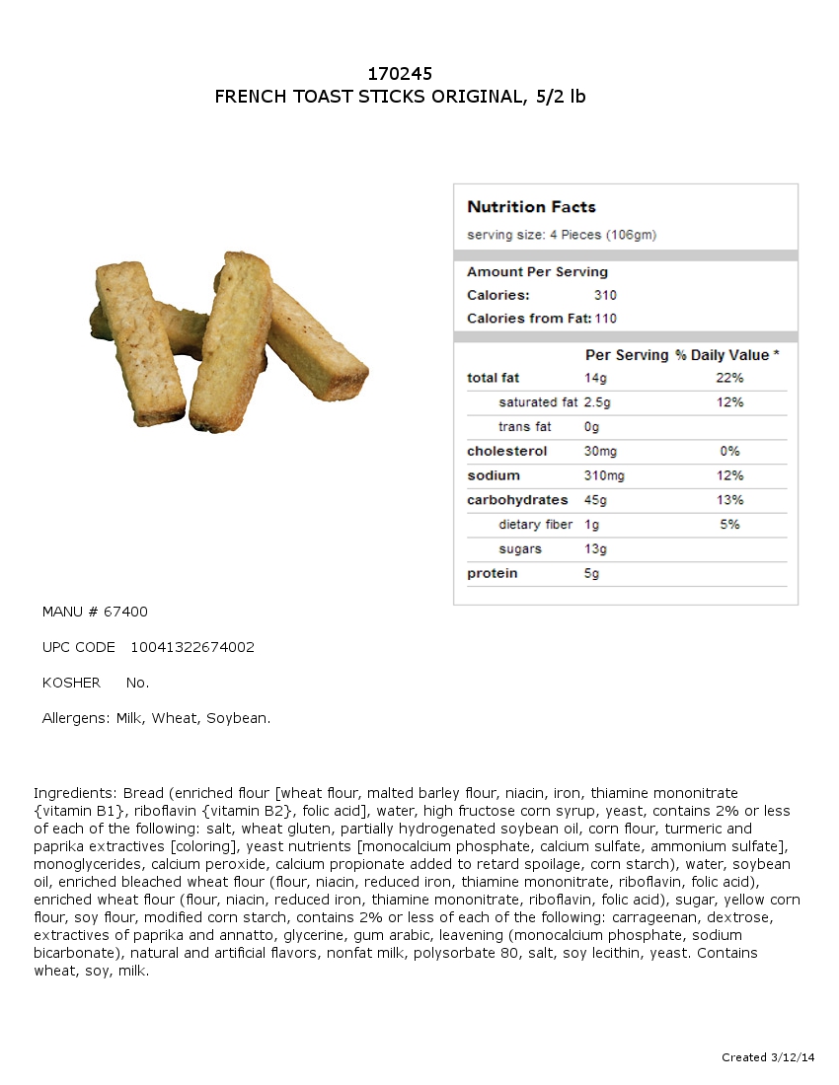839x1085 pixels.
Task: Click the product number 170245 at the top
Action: click(400, 74)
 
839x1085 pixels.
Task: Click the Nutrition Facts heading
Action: click(531, 207)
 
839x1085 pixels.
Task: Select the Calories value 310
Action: click(605, 295)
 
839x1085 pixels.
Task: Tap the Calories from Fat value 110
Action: click(605, 319)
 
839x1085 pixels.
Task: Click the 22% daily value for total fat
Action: click(729, 378)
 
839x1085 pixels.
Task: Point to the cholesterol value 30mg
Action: click(599, 452)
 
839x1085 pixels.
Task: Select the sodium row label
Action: click(493, 475)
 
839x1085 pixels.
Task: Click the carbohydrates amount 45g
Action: click(595, 500)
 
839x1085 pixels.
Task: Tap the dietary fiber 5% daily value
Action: click(729, 525)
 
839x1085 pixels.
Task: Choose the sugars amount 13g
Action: click(595, 549)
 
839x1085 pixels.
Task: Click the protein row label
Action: click(492, 574)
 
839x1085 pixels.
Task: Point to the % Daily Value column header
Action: click(726, 355)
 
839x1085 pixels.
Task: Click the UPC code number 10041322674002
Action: click(192, 648)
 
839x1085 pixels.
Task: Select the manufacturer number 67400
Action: click(125, 613)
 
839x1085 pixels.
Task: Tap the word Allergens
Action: click(76, 719)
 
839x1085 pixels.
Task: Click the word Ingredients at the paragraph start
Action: click(75, 793)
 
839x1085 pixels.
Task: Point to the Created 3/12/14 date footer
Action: click(768, 1057)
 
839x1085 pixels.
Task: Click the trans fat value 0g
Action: click(591, 427)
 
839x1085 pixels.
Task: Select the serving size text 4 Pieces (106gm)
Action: click(602, 235)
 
